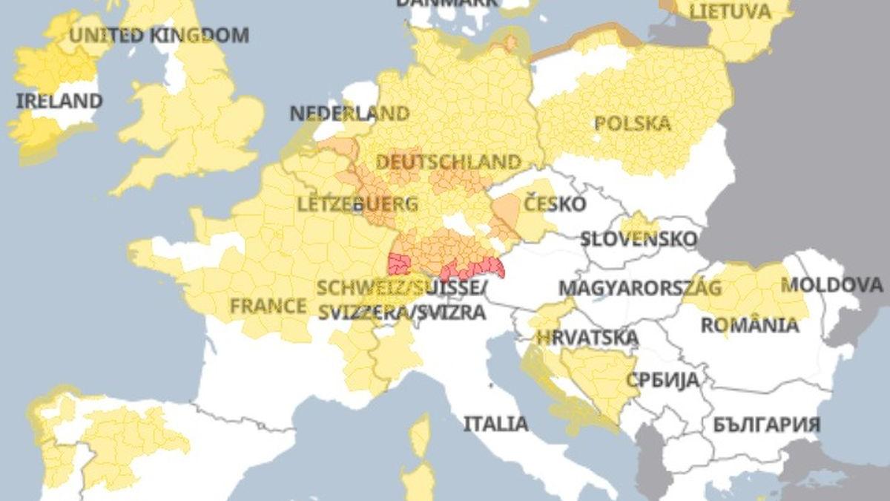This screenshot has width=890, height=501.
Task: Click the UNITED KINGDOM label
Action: click(x=159, y=35)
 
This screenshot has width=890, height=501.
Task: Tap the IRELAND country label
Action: click(x=59, y=101)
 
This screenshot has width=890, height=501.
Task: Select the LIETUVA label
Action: click(x=730, y=11)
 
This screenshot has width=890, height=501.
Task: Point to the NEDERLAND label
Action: click(x=349, y=114)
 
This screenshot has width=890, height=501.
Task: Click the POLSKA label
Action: click(x=632, y=123)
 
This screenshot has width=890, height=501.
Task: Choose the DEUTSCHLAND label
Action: click(x=448, y=162)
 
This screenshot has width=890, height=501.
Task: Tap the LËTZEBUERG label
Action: click(x=357, y=204)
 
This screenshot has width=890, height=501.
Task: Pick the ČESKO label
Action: click(x=554, y=203)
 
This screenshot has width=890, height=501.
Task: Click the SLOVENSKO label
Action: click(x=638, y=239)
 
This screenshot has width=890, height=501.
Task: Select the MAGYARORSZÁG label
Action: click(x=639, y=288)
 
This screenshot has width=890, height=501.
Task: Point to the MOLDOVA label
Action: click(x=831, y=285)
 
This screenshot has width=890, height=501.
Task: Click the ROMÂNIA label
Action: click(x=749, y=325)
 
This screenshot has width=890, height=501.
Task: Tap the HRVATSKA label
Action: click(x=587, y=338)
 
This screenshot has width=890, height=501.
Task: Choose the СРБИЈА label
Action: click(x=662, y=380)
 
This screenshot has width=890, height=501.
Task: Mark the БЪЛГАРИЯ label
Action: click(x=766, y=425)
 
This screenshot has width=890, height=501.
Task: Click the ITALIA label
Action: click(x=495, y=424)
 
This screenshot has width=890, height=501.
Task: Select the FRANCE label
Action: click(x=268, y=306)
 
